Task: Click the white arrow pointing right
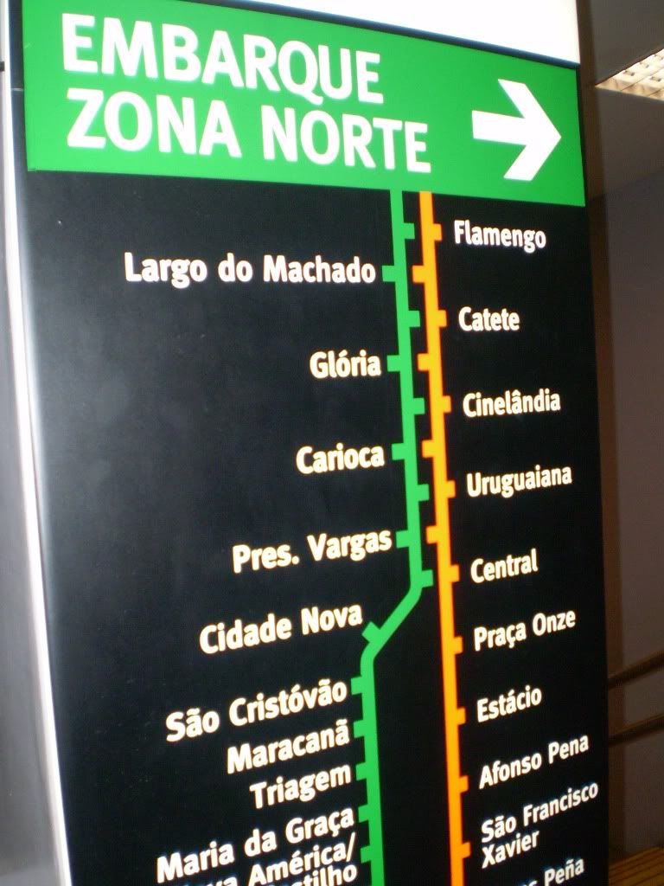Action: [x=517, y=130]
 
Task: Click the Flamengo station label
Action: [x=500, y=234]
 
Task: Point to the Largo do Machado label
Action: [x=250, y=268]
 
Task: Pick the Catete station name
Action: [x=488, y=319]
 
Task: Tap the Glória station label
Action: [x=345, y=364]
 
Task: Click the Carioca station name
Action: [x=340, y=457]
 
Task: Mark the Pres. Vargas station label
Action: [x=312, y=549]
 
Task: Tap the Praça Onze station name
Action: [x=524, y=630]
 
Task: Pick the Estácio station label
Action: [x=509, y=703]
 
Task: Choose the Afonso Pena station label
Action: [x=533, y=761]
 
